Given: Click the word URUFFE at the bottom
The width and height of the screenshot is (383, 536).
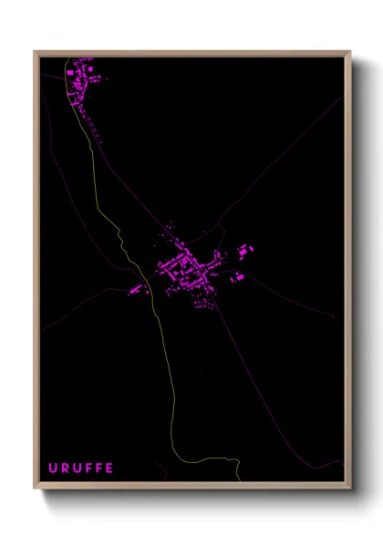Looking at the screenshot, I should (81, 469).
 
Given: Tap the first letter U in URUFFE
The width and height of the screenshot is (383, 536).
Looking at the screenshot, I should (52, 469).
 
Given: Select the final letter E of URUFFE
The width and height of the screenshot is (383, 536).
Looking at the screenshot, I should (110, 469).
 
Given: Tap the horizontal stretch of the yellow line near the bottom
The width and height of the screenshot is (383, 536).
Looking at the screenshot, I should (205, 459).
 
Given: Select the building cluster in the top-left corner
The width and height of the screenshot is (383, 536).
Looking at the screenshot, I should (81, 77).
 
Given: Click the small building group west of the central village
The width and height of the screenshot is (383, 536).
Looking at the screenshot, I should (137, 290).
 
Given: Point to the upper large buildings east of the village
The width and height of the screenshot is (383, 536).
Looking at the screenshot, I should (244, 250).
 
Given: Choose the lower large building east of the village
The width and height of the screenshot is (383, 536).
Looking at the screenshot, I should (239, 275).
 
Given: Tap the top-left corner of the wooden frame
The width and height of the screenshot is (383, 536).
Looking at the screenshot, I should (36, 52).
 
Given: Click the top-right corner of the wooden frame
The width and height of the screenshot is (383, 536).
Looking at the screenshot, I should (349, 52).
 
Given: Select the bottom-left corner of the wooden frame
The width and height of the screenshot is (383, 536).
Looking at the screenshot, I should (36, 489).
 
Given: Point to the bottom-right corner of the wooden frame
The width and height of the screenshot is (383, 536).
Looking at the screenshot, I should (349, 489).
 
